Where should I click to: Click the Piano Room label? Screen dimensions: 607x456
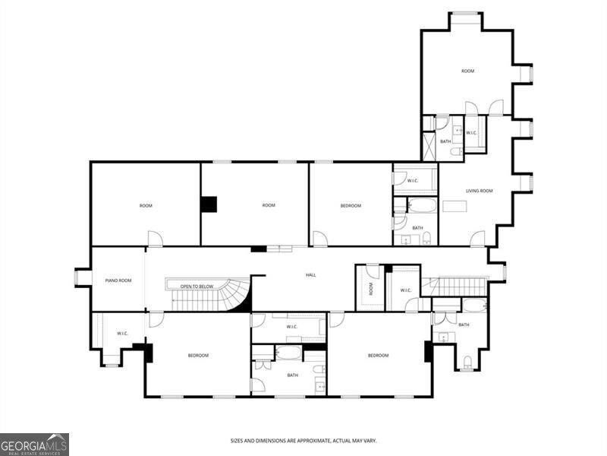coord(118,280)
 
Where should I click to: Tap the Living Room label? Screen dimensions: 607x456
coord(480,191)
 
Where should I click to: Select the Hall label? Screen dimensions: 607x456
coord(311,275)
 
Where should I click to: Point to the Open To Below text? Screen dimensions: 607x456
coord(197,287)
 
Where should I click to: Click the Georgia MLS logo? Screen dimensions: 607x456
coord(34,445)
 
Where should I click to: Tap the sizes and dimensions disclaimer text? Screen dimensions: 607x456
coord(303,441)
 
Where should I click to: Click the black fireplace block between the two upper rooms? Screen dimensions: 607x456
coord(209,204)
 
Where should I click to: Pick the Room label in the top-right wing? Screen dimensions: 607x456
coord(467,71)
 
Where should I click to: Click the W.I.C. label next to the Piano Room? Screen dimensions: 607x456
coord(122,334)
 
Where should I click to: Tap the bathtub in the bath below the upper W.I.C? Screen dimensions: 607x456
coord(423,205)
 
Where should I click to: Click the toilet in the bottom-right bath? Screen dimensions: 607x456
coord(467,362)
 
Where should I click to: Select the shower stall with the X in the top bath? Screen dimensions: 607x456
coord(429,147)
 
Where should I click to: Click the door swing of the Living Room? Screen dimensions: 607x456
coord(478,238)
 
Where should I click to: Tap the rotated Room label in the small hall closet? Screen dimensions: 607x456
coord(371,288)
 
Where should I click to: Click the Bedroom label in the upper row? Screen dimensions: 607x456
coord(351,205)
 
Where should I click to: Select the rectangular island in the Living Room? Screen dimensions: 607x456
coord(454,206)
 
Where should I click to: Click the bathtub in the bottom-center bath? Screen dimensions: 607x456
coord(288,353)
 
